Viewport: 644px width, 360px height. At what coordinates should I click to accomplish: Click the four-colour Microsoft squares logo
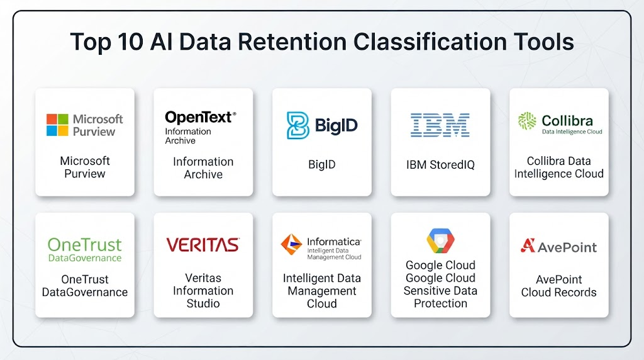coord(57,125)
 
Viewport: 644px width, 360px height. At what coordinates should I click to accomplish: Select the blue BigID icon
coord(297,125)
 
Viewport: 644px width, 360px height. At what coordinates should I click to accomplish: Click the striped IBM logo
coord(440,125)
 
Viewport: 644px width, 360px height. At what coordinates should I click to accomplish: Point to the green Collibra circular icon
coord(527,121)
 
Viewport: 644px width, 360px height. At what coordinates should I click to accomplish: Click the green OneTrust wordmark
coord(85,245)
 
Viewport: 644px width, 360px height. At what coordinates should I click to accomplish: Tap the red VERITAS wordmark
coord(203,245)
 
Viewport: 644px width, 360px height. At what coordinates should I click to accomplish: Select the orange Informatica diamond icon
coord(291,244)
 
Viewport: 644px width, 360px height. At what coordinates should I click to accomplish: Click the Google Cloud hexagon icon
coord(440,240)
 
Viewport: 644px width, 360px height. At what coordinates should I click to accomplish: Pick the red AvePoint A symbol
coord(528,245)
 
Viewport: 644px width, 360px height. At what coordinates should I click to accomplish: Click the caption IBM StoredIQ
coord(440,165)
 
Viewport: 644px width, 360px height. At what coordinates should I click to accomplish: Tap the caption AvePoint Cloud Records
coord(558,286)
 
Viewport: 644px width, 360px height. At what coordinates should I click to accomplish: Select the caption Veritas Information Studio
coord(203,291)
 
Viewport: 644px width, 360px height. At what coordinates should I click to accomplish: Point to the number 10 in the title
coord(130,42)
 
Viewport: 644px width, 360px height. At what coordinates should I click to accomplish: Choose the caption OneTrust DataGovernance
coord(85,286)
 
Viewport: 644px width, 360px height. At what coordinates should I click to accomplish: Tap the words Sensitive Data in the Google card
coord(440,291)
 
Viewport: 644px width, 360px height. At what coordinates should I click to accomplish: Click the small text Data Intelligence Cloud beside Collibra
coord(572,132)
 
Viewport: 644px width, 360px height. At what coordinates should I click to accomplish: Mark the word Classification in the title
coord(430,42)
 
